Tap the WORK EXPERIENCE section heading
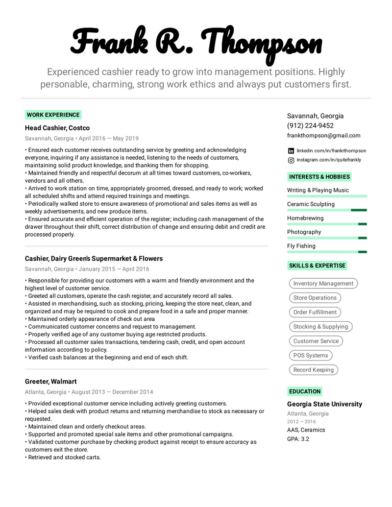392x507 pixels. (53, 115)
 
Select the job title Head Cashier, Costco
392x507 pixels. (57, 128)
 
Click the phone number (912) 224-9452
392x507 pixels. (310, 125)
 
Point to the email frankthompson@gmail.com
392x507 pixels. (323, 135)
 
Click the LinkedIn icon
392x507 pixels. (291, 151)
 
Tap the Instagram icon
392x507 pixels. (291, 160)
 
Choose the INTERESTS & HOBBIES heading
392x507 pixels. (319, 177)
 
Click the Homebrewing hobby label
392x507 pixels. (305, 218)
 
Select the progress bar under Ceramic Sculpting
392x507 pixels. (327, 210)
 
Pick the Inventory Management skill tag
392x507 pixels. (323, 283)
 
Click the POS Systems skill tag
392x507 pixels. (310, 355)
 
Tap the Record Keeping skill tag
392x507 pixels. (313, 370)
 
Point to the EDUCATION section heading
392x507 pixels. (304, 391)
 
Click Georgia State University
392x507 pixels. (324, 404)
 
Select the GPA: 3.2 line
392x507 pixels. (298, 439)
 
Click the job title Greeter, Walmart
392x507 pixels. (50, 381)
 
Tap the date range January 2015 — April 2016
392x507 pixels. (114, 269)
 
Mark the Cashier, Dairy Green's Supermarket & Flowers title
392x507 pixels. (94, 258)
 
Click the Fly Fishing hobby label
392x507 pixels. (301, 246)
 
